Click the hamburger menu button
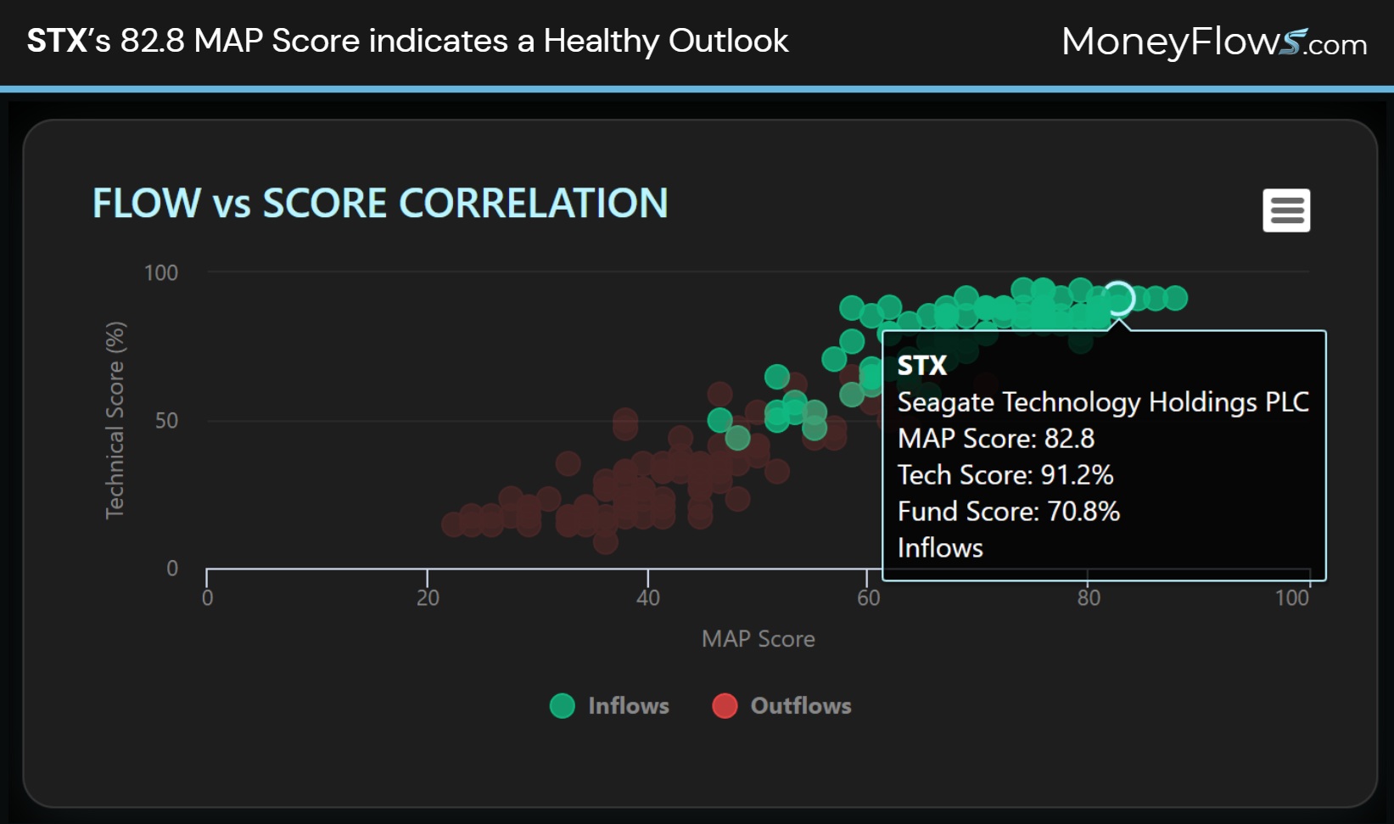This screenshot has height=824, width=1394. click(1286, 210)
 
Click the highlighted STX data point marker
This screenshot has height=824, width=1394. click(1119, 299)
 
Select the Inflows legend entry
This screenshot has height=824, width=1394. click(610, 706)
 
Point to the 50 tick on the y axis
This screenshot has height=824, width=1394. click(166, 421)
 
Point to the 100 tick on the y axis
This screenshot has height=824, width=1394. click(161, 273)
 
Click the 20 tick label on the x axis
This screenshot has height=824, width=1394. click(428, 598)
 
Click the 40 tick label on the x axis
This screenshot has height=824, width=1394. click(648, 598)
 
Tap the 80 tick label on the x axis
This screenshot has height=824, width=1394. click(1089, 598)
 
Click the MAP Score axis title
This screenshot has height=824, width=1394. click(758, 639)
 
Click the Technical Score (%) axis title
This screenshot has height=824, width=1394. click(115, 420)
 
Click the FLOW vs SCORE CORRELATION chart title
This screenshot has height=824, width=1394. click(380, 204)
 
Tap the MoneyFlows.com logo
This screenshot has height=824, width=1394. click(1213, 42)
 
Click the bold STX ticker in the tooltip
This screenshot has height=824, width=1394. click(921, 366)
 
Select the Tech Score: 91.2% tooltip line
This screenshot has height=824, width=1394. click(1005, 475)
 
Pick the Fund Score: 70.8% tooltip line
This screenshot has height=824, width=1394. click(1008, 512)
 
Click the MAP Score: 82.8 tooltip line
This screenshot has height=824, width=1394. click(995, 439)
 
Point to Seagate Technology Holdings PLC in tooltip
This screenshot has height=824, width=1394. click(1102, 402)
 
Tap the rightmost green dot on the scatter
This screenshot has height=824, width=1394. click(1175, 298)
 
